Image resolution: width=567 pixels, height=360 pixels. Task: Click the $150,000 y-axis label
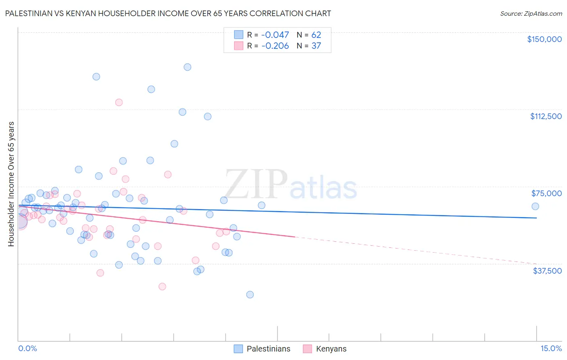click(544, 39)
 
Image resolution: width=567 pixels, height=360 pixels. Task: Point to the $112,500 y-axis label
click(546, 116)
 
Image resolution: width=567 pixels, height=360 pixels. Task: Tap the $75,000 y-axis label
click(546, 193)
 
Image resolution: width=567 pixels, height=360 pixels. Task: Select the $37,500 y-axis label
click(547, 271)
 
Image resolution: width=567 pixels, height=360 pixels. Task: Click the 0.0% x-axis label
click(27, 349)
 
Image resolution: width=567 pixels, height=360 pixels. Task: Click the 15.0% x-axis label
click(551, 349)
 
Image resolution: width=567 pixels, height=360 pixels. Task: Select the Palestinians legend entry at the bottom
click(268, 349)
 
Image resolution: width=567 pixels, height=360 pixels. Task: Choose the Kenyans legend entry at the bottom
click(331, 349)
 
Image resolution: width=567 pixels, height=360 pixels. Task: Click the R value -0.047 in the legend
click(275, 35)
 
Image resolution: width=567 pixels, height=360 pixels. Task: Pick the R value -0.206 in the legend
click(275, 46)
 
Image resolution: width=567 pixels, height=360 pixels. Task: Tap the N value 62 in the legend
click(316, 35)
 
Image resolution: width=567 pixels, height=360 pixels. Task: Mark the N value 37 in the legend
click(316, 46)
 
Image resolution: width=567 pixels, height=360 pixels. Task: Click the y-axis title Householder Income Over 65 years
click(11, 184)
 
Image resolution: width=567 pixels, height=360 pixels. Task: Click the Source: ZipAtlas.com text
click(531, 14)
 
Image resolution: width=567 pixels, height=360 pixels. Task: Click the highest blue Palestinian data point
click(188, 67)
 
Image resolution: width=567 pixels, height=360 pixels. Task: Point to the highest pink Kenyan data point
click(119, 103)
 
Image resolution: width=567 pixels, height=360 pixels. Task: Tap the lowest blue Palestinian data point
click(250, 295)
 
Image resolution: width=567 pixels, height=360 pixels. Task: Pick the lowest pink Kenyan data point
click(162, 287)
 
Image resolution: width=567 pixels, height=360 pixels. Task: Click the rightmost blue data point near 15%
click(535, 206)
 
